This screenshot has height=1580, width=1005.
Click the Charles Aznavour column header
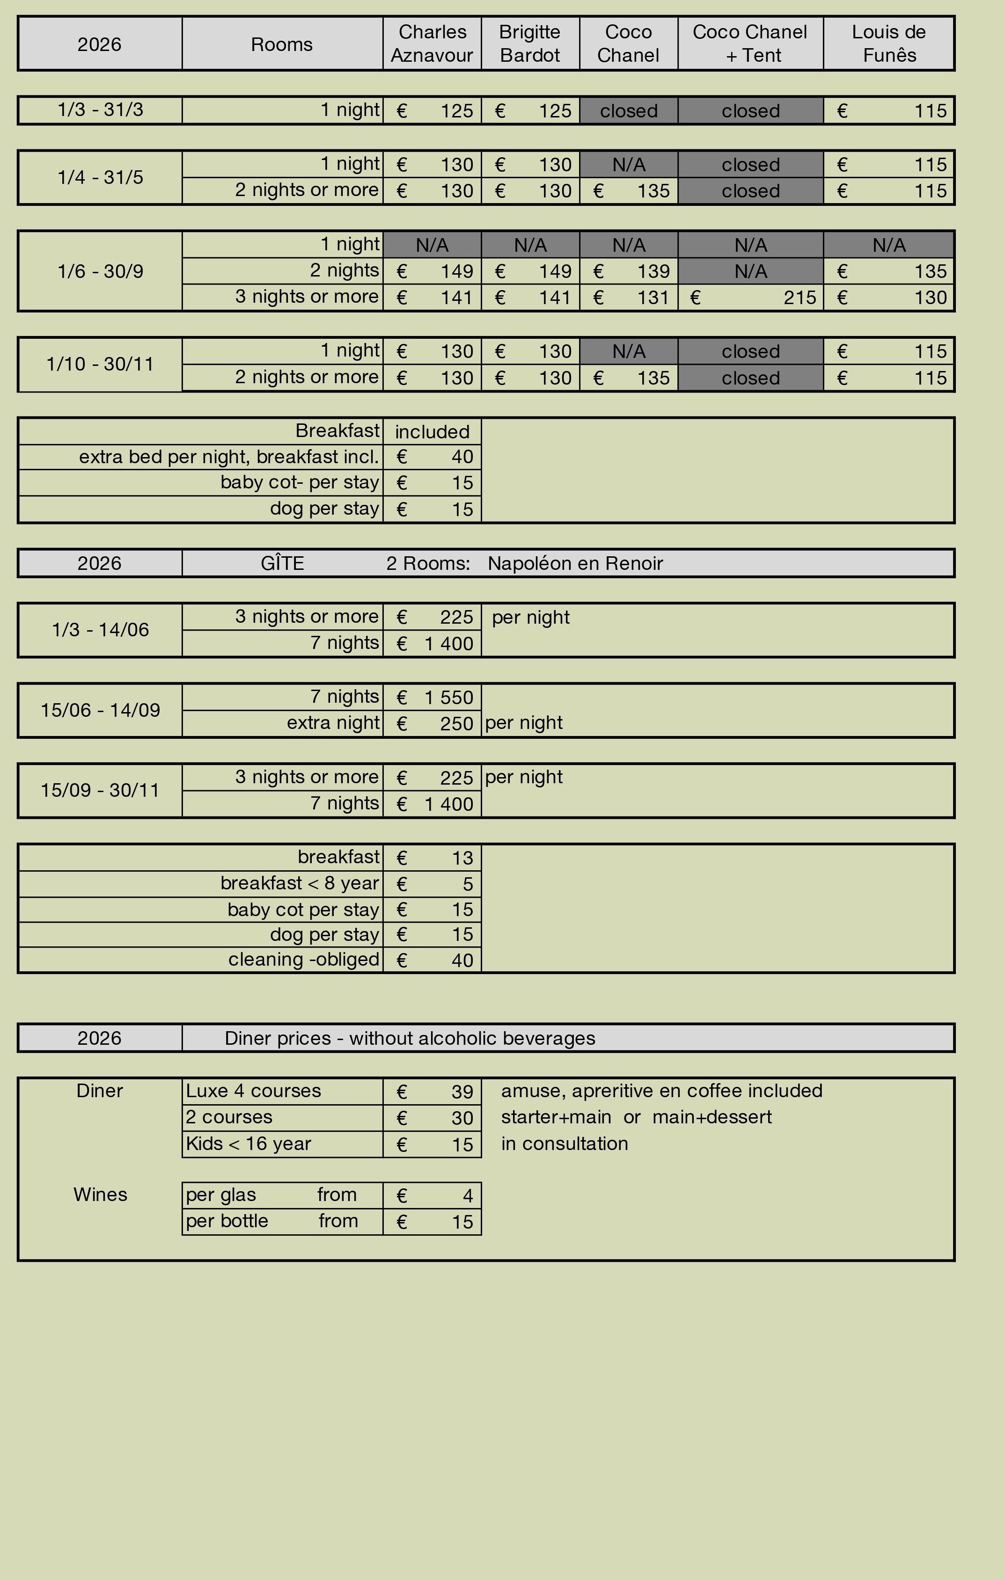click(432, 44)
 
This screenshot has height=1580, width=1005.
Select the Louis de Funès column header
click(889, 44)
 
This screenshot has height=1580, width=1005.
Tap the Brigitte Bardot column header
click(530, 44)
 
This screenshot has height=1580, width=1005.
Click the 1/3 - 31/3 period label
click(101, 109)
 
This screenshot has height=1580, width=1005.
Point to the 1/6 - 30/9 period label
click(101, 271)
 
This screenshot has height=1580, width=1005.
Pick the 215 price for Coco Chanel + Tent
click(800, 298)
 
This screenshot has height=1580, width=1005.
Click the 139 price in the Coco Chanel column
click(653, 271)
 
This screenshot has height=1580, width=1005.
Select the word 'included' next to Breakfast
click(432, 432)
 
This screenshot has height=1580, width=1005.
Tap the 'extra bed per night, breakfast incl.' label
click(229, 457)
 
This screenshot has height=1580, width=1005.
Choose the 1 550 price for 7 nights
click(449, 698)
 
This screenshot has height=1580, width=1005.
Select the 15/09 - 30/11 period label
click(101, 790)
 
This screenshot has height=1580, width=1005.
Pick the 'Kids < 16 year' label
click(248, 1143)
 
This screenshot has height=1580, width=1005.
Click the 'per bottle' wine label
click(227, 1221)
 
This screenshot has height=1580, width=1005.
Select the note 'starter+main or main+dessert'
click(636, 1117)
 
